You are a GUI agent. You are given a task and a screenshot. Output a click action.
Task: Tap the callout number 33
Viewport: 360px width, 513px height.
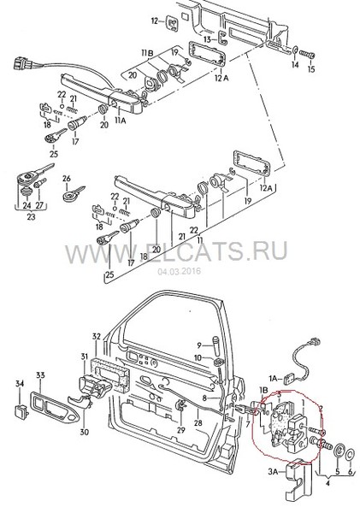(x=40, y=375)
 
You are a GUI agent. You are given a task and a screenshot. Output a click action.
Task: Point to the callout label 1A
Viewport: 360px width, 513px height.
(x=276, y=377)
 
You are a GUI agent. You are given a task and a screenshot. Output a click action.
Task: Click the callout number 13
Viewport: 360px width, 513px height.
(x=208, y=38)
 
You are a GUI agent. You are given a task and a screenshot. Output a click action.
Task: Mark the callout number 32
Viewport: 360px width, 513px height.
(x=96, y=335)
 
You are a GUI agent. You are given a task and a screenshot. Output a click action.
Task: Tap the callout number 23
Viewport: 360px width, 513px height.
(x=31, y=219)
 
